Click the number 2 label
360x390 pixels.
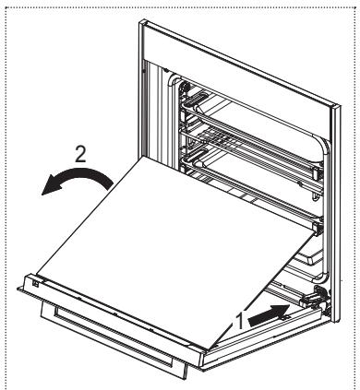81,152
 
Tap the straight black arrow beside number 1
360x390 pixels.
268,313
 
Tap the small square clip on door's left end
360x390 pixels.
33,283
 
